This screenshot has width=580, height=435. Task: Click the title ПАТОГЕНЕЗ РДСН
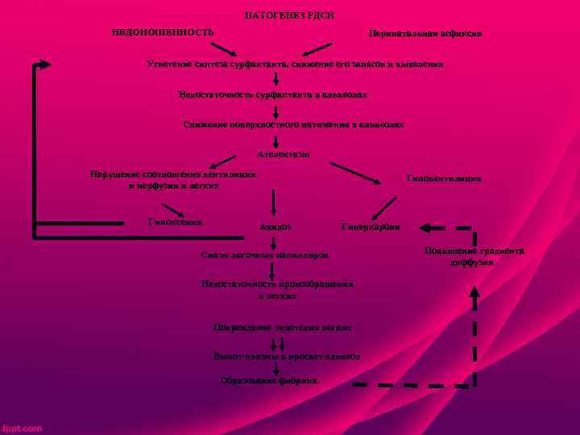289,16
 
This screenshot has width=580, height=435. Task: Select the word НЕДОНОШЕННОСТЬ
163,32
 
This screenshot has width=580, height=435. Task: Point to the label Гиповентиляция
444,178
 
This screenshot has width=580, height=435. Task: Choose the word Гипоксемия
176,222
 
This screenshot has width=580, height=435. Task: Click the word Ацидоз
275,227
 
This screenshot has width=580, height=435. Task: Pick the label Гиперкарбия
371,227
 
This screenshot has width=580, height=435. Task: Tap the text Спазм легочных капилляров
265,255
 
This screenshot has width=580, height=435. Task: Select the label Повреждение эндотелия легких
282,329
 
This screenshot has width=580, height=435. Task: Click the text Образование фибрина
269,380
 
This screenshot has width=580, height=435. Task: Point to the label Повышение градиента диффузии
474,257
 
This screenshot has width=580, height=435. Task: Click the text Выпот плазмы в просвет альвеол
286,355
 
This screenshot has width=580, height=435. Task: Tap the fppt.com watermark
22,429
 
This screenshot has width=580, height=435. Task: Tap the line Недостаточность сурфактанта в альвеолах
274,94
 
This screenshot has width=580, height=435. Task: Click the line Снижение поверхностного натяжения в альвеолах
293,125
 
